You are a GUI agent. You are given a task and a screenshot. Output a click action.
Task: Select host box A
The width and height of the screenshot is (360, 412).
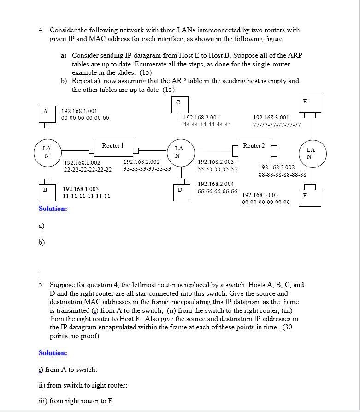(45, 112)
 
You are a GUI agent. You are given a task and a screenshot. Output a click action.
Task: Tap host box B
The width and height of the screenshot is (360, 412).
(45, 190)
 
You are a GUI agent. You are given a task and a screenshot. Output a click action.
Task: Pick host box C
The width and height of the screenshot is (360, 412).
(178, 103)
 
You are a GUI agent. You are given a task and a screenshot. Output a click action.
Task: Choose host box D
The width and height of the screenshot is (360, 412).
(179, 191)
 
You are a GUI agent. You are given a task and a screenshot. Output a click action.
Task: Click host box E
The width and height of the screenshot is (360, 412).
(305, 102)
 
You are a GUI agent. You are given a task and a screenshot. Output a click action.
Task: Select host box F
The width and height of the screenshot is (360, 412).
(305, 196)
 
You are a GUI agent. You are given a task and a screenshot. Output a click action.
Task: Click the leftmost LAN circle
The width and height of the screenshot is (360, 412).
(47, 151)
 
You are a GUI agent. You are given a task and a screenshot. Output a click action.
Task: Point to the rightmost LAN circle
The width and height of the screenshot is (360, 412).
(311, 153)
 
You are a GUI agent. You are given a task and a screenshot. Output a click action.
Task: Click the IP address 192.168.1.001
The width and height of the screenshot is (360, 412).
(80, 111)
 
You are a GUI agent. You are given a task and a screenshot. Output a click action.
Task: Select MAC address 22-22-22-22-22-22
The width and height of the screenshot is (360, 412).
(88, 170)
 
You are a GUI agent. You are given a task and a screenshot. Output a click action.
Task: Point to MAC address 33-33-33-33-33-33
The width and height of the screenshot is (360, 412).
(147, 169)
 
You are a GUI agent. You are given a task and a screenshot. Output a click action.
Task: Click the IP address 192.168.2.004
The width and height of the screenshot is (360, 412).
(216, 184)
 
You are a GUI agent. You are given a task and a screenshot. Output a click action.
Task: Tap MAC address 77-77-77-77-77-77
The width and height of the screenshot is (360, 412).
(277, 125)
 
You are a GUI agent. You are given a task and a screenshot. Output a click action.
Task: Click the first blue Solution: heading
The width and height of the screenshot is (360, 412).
(53, 209)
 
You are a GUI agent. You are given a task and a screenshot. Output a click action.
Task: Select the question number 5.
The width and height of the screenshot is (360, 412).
(41, 285)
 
